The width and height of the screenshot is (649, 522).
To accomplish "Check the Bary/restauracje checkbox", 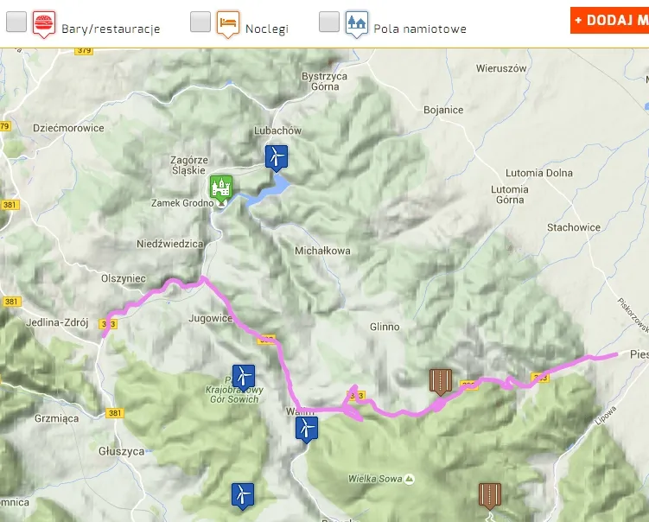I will (x=16, y=22).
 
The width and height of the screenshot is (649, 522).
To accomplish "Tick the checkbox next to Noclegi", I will (x=200, y=22).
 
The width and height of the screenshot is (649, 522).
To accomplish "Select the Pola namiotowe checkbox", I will (x=328, y=22).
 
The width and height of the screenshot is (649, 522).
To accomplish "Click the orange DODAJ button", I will (x=609, y=20).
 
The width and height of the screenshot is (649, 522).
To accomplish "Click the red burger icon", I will (x=43, y=22).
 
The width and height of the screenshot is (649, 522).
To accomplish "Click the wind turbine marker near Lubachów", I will (x=276, y=157).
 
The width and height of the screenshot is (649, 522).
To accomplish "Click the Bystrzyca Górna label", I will (x=324, y=81).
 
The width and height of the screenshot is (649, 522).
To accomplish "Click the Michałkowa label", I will (x=322, y=251).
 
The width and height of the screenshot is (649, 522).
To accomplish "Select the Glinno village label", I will (x=385, y=327).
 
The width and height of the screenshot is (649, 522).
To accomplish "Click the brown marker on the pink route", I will (x=441, y=380).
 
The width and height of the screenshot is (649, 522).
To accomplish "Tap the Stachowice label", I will (x=573, y=227).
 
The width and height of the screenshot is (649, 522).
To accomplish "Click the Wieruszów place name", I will (x=501, y=68).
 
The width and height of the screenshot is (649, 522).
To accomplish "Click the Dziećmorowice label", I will (x=67, y=128).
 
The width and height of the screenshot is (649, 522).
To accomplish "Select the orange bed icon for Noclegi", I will (x=227, y=22).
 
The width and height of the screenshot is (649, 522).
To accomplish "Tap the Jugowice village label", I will (x=211, y=318).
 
